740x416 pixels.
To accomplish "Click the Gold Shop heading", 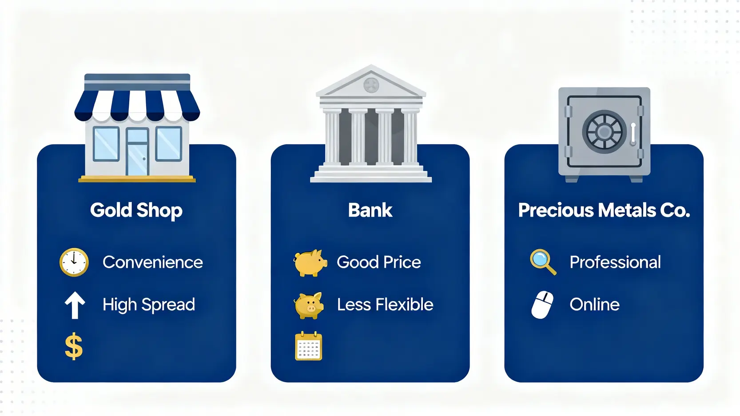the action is coord(136,210).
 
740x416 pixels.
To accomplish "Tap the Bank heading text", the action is coord(370,210).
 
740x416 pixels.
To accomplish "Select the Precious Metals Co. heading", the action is coord(604,210).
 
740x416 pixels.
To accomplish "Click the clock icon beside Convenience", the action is coord(74,262).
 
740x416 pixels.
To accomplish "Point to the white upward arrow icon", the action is coord(75,305).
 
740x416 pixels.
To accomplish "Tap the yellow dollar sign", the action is coord(74,346).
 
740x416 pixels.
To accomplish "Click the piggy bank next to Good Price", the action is coord(310,263).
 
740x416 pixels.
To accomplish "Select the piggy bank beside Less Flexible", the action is coord(309,305).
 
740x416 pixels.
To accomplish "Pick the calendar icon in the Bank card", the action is coord(308,346).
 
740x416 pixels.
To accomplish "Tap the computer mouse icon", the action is coord(542,305).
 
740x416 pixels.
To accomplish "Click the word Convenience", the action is coord(153,262).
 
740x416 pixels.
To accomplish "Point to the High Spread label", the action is coord(149,305).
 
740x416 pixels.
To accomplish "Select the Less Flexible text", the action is coord(385,305).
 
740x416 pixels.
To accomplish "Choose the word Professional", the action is coord(615,262).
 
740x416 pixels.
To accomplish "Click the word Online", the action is coord(594,305).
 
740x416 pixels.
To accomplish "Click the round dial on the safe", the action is coord(604,132).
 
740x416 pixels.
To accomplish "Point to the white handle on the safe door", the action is coord(633,135).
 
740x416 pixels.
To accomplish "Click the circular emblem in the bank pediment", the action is coord(371,85).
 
